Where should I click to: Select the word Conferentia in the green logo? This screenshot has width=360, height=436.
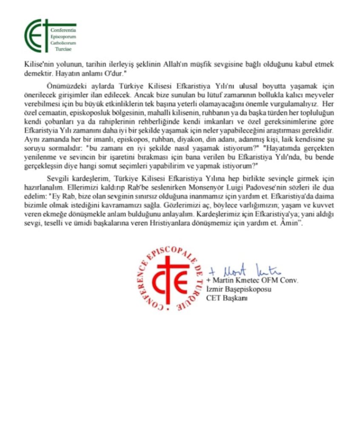click(x=63, y=31)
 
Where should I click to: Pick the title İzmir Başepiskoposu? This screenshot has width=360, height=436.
click(x=239, y=290)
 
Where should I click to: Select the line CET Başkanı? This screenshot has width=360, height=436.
click(x=227, y=298)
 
